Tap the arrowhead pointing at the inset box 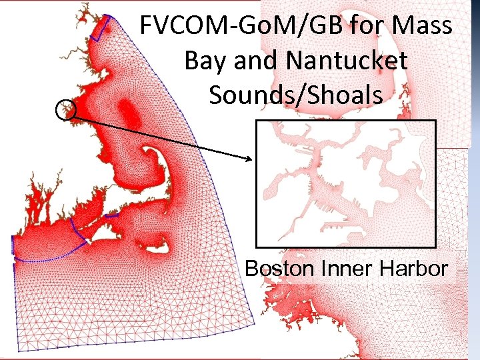pos(251,159)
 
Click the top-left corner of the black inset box pos(257,121)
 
